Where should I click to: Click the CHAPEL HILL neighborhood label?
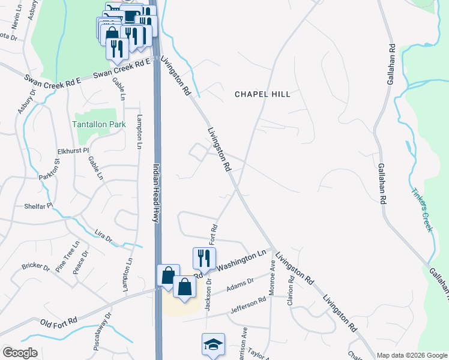(x=262, y=94)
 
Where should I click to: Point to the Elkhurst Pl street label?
(x=73, y=151)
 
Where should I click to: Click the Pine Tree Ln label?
(x=68, y=257)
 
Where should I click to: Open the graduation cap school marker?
(x=213, y=344)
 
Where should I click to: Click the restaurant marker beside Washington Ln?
(x=204, y=258)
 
